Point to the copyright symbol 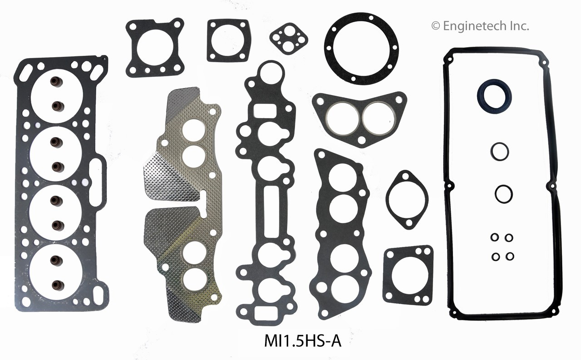435,26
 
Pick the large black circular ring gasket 361,48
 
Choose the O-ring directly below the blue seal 499,151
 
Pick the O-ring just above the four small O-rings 504,194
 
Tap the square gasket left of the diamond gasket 228,40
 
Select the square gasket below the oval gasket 408,275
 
